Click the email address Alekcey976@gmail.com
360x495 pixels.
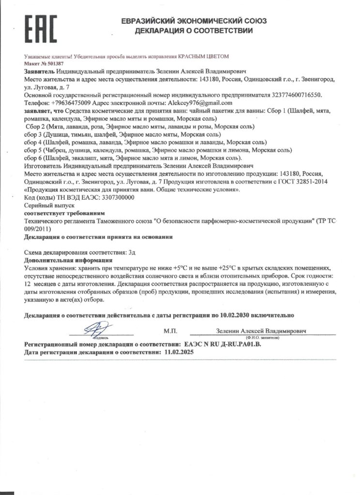click(x=199, y=103)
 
